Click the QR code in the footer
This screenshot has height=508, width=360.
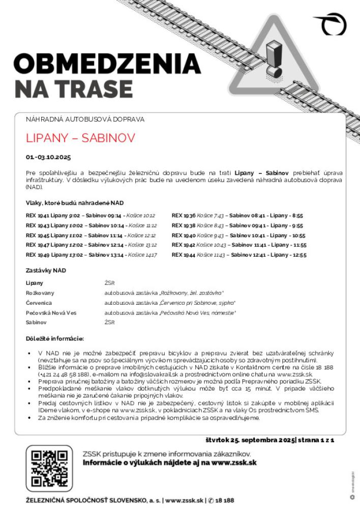[49, 467]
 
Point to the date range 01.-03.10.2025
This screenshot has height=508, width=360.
[48, 156]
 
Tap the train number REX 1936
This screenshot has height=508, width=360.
[184, 215]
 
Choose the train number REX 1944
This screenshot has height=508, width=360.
[184, 255]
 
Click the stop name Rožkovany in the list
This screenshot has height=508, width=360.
[40, 293]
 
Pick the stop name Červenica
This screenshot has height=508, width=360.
[39, 303]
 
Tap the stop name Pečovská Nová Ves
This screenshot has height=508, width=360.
[51, 312]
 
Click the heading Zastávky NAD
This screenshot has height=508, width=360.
[46, 270]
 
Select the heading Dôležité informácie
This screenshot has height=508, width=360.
[54, 338]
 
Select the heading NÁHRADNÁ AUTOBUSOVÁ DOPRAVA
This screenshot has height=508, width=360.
[85, 119]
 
